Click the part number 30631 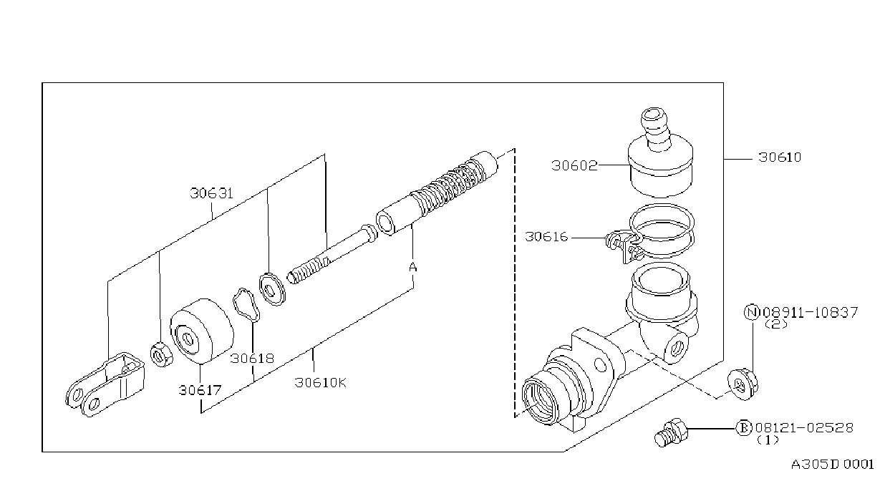point(211,193)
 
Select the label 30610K point(321,382)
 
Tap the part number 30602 point(574,165)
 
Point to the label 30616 point(546,237)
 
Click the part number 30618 point(252,359)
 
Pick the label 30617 point(200,390)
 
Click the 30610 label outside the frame point(780,157)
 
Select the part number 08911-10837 point(810,313)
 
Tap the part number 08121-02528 point(804,427)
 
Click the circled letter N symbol point(752,313)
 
